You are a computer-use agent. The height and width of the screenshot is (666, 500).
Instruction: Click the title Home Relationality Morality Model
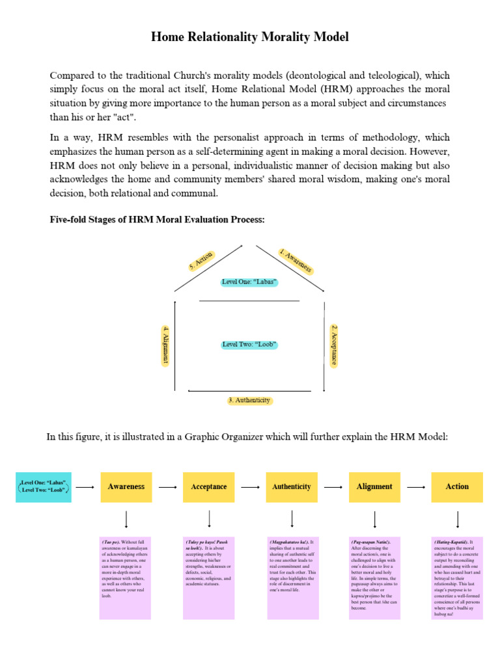250,37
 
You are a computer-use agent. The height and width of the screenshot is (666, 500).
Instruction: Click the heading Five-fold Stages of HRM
158,220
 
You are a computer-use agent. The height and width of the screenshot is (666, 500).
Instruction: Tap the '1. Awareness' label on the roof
296,261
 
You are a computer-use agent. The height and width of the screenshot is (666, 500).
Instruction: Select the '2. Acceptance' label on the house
333,345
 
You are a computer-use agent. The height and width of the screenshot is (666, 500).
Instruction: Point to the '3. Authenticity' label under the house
249,401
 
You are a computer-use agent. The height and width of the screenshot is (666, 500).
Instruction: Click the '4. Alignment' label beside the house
167,345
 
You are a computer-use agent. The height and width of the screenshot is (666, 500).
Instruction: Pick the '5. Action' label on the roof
201,261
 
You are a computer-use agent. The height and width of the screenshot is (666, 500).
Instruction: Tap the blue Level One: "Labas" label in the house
249,282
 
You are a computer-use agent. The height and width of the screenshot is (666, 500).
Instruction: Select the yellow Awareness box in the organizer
126,486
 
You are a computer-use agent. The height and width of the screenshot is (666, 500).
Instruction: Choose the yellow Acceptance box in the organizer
209,486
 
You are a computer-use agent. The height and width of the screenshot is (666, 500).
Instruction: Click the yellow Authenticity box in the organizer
292,486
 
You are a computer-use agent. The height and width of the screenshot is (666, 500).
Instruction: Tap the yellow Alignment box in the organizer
374,486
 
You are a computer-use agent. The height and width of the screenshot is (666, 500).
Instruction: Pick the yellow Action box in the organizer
457,486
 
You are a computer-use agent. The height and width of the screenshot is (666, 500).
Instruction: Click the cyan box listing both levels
44,486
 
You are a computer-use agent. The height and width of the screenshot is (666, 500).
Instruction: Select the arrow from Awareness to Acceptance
167,486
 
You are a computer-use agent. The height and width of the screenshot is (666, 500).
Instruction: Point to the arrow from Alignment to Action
416,486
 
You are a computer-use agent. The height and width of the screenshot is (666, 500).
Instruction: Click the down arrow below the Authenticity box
292,519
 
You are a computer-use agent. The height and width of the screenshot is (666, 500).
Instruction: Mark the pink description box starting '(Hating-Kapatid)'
457,578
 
